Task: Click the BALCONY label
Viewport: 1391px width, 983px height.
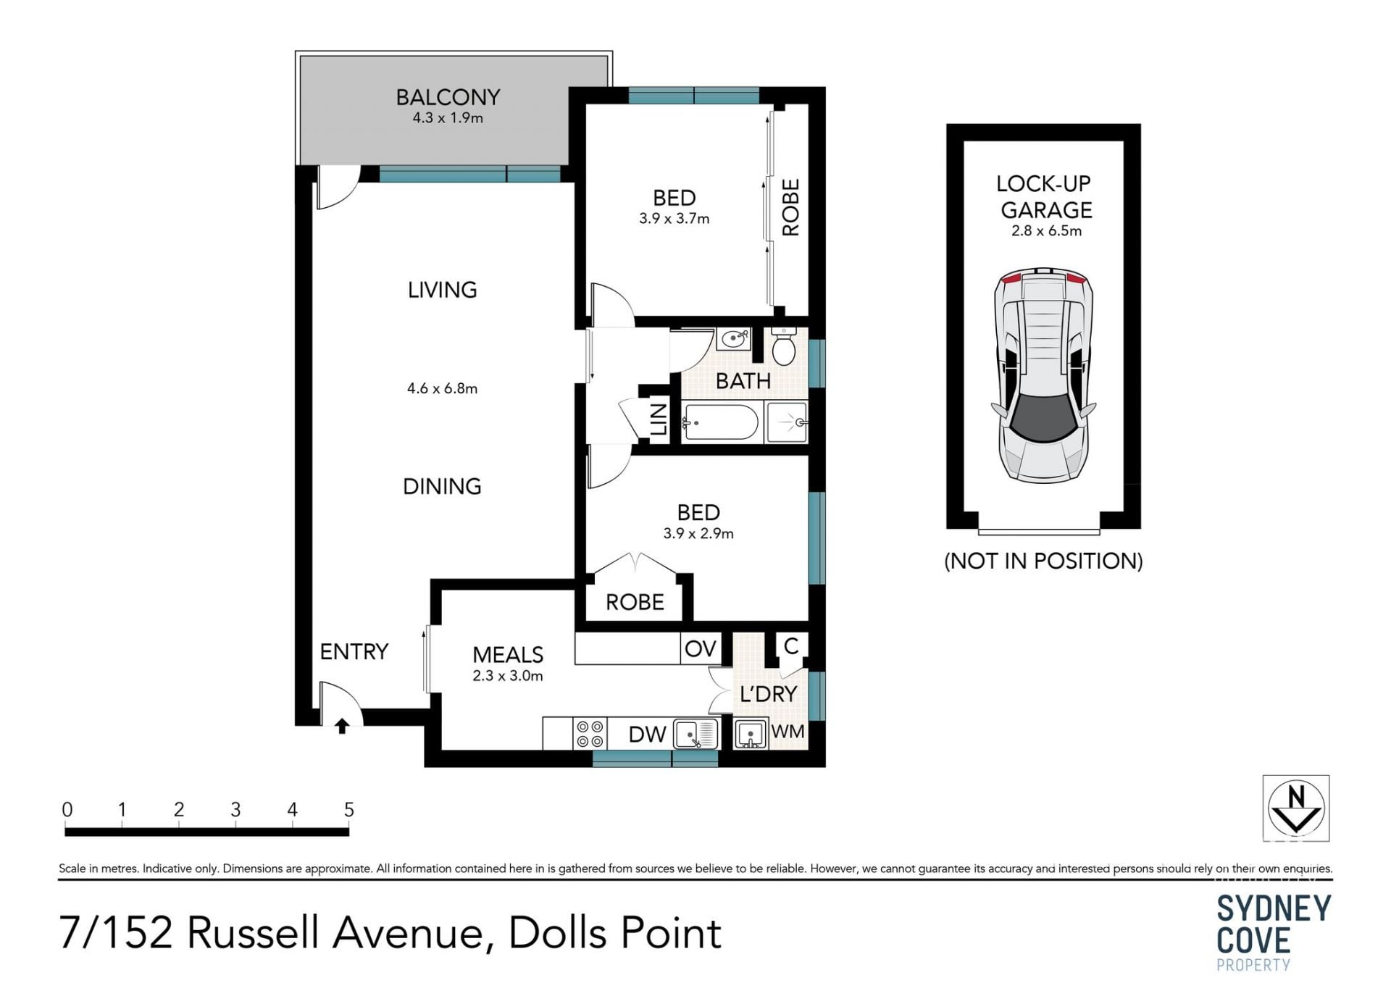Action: (x=448, y=97)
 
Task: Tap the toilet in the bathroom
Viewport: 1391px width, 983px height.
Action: (x=783, y=346)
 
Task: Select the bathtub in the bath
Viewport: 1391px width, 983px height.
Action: (x=721, y=422)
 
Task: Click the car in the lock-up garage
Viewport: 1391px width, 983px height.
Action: (x=1043, y=375)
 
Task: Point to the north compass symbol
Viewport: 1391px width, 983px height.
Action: (x=1296, y=808)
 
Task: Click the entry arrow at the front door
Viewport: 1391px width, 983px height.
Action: (x=342, y=726)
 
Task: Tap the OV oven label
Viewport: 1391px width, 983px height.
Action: (x=700, y=648)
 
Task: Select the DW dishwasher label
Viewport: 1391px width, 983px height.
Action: (x=647, y=735)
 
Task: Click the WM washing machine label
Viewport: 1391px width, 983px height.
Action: (x=788, y=732)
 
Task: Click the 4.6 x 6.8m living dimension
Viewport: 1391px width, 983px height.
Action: (x=442, y=388)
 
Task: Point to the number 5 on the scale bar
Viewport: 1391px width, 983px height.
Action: (x=348, y=809)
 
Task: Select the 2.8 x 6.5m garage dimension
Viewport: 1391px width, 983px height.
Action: (x=1046, y=231)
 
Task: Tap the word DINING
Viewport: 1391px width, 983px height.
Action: (x=442, y=486)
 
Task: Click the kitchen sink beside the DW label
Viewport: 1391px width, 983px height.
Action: (x=695, y=734)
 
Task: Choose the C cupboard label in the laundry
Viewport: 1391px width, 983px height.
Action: (x=791, y=645)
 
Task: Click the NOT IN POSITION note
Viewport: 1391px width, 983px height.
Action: (x=1043, y=561)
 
